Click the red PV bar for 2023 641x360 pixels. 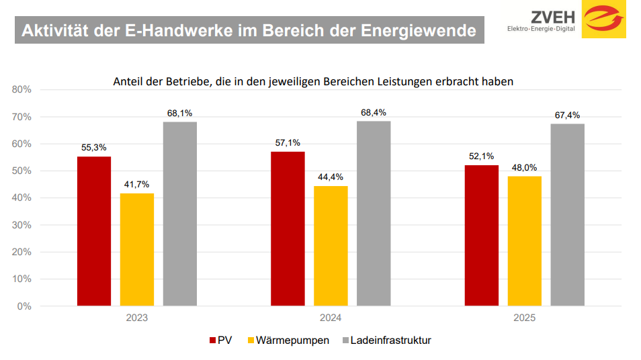click(x=94, y=231)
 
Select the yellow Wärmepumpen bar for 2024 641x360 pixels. click(x=331, y=246)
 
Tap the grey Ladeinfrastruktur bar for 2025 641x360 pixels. click(x=567, y=215)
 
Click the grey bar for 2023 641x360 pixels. click(x=180, y=214)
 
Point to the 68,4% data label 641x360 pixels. click(x=374, y=113)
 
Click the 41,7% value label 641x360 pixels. click(x=137, y=185)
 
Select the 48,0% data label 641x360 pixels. click(x=524, y=168)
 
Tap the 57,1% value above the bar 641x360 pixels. click(x=288, y=143)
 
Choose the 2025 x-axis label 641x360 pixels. click(x=524, y=318)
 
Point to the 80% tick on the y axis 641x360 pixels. click(x=21, y=89)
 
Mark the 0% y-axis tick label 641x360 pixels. click(x=24, y=306)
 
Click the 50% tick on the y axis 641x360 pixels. click(x=21, y=171)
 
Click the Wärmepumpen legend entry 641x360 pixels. click(x=289, y=341)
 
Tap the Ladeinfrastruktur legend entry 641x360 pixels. click(x=386, y=341)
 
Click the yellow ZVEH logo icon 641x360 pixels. click(x=603, y=19)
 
